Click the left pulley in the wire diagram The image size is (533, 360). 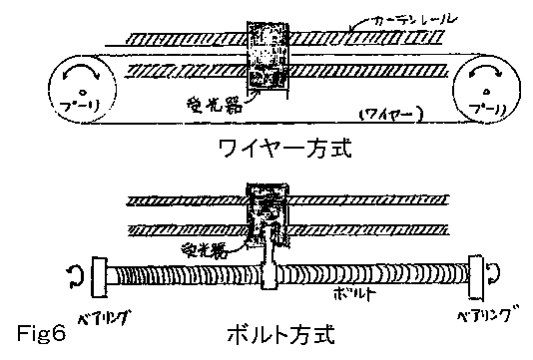tap(77, 89)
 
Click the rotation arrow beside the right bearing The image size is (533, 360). tap(497, 267)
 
